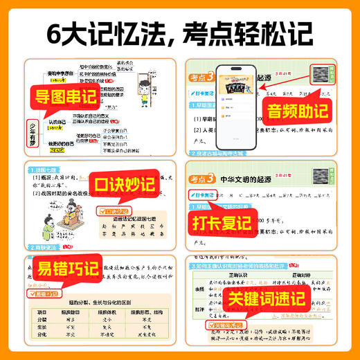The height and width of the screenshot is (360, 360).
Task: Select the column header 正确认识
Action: [x=240, y=278]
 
